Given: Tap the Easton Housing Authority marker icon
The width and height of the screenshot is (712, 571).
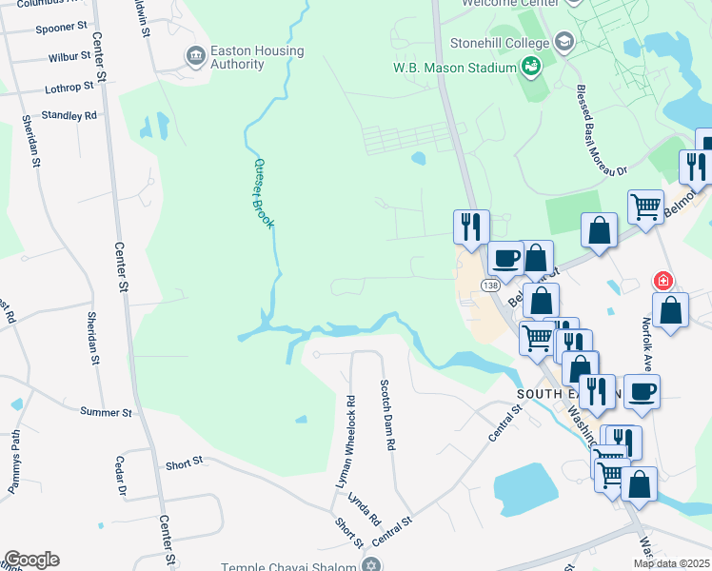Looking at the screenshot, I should [x=196, y=57].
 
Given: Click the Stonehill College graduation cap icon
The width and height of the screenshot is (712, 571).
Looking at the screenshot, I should [x=564, y=42].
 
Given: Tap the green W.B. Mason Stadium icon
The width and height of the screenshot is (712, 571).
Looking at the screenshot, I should [x=531, y=67].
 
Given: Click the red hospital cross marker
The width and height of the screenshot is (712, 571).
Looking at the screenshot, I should [x=663, y=281].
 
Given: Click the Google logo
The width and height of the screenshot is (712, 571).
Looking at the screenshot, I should [x=31, y=560].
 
